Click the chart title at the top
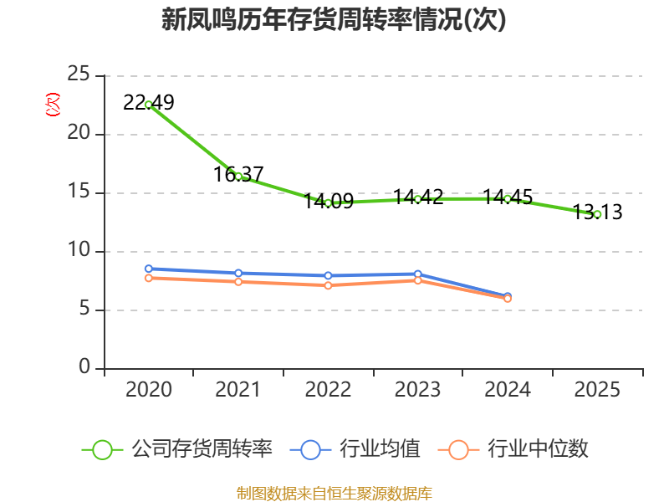click(x=334, y=19)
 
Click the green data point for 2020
click(x=149, y=105)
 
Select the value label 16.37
click(x=238, y=174)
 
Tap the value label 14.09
click(x=329, y=201)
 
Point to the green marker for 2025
click(x=597, y=214)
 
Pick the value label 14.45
click(x=508, y=197)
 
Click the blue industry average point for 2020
click(x=149, y=269)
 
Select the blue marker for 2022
click(x=328, y=276)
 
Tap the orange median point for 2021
click(x=238, y=282)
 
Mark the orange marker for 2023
click(x=417, y=280)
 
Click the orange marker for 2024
click(x=508, y=299)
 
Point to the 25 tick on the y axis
click(x=79, y=74)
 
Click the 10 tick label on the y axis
click(x=79, y=249)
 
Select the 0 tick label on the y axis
click(x=84, y=366)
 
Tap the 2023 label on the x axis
click(x=417, y=389)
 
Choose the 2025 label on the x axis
click(x=597, y=389)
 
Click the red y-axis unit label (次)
click(x=53, y=105)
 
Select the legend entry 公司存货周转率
click(x=177, y=449)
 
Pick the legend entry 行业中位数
click(x=513, y=449)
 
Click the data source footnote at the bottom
click(x=334, y=494)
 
